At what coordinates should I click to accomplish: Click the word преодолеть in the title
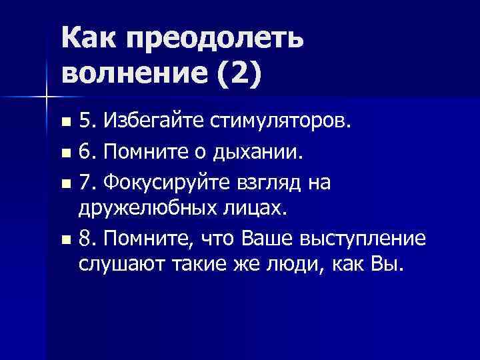[x=214, y=41]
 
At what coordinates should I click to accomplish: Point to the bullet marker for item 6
[x=65, y=154]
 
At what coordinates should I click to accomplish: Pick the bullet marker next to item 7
[x=65, y=183]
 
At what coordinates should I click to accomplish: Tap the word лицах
[x=256, y=209]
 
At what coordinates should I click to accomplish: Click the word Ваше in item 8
[x=267, y=237]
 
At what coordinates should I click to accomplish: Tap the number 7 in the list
[x=85, y=183]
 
